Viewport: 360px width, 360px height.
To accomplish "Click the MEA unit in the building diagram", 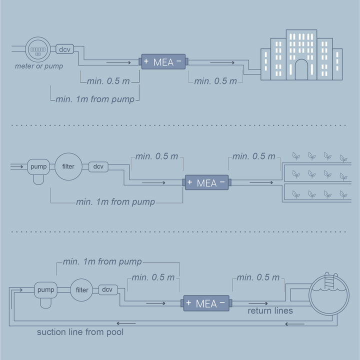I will (x=163, y=62).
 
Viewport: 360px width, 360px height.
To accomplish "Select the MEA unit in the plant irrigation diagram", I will (x=206, y=182).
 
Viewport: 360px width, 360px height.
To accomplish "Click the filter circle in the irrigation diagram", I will (x=68, y=166).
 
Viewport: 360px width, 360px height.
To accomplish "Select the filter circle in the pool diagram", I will (x=82, y=290).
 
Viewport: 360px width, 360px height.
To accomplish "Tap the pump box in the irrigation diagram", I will (x=38, y=166).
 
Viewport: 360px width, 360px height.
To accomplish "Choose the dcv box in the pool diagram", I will (x=107, y=289).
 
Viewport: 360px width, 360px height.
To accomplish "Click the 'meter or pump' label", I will (x=39, y=66).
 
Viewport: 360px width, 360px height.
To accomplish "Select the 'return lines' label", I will (x=270, y=311).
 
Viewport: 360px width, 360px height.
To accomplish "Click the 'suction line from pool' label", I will (x=80, y=332).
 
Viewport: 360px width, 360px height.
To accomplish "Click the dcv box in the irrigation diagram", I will (x=98, y=166).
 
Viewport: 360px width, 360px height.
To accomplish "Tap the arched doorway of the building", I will (x=301, y=70).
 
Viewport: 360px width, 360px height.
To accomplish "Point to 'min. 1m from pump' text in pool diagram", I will (x=102, y=262).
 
